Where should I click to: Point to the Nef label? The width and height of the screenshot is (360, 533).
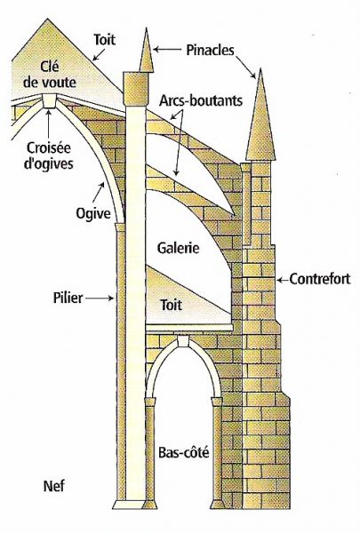[54, 487]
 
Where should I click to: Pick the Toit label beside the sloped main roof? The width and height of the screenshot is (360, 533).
[105, 39]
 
